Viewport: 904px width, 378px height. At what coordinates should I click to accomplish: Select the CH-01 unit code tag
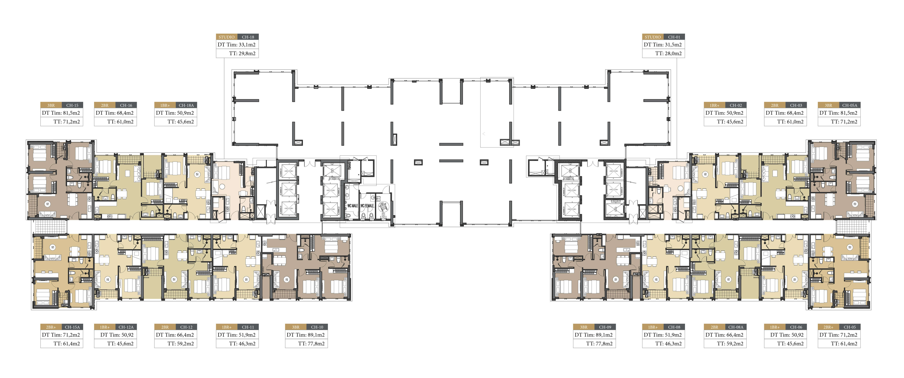point(674,37)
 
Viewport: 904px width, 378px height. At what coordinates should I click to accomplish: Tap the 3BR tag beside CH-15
point(51,105)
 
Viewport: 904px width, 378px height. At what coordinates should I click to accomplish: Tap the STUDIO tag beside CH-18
point(227,37)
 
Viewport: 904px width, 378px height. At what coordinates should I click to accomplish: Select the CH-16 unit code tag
point(126,105)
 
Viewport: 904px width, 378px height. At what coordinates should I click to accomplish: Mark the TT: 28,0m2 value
point(669,53)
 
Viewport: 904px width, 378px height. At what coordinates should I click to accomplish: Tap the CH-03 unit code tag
point(796,105)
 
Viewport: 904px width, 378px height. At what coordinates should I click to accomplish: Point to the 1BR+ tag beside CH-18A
point(165,105)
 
